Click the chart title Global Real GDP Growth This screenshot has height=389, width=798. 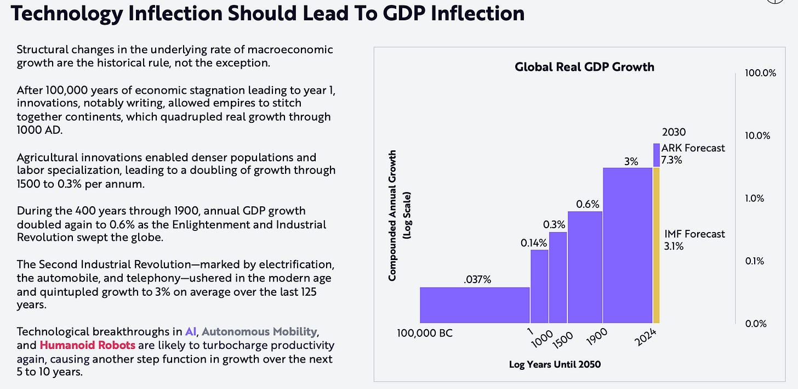coord(584,67)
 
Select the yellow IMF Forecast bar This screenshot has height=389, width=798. coord(656,245)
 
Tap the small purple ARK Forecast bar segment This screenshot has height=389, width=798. coord(656,155)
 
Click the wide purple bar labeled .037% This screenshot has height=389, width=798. coord(475,305)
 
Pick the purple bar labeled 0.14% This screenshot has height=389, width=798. coord(539,286)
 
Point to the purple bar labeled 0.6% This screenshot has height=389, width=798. coord(585,267)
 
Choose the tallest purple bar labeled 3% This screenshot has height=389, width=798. coord(628,245)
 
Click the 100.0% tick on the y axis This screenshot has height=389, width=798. coord(761,73)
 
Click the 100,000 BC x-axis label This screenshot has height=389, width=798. coord(425,332)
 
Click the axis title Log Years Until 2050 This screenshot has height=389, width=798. coord(555,364)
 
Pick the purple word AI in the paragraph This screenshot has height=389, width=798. coord(190,331)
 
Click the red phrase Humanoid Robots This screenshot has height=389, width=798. coord(76,345)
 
